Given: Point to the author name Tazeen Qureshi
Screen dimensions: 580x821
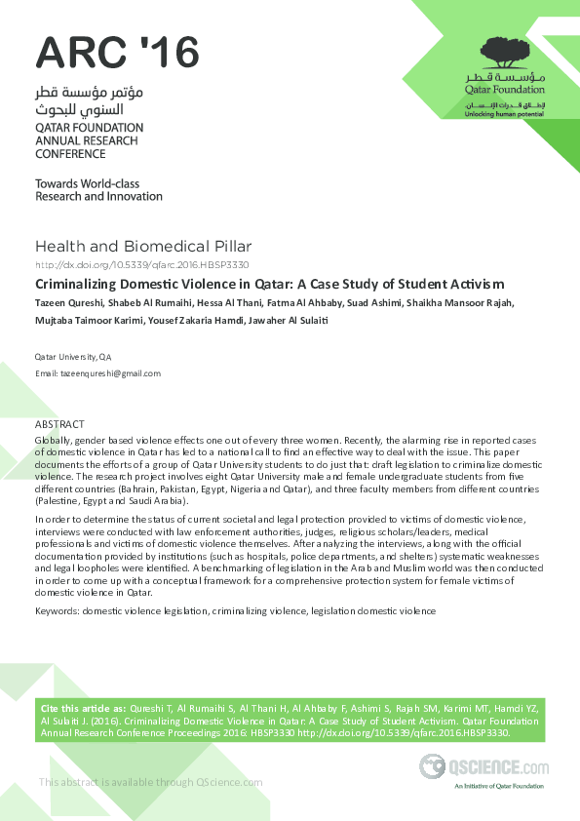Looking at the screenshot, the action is [67, 302].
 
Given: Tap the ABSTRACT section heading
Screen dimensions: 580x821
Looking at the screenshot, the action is [59, 424].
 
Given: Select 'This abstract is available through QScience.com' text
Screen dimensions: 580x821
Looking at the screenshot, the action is [150, 782].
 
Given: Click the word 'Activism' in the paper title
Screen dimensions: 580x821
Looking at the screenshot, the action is [476, 284].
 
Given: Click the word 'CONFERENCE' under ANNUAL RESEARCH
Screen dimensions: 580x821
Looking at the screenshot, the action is [70, 154].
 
